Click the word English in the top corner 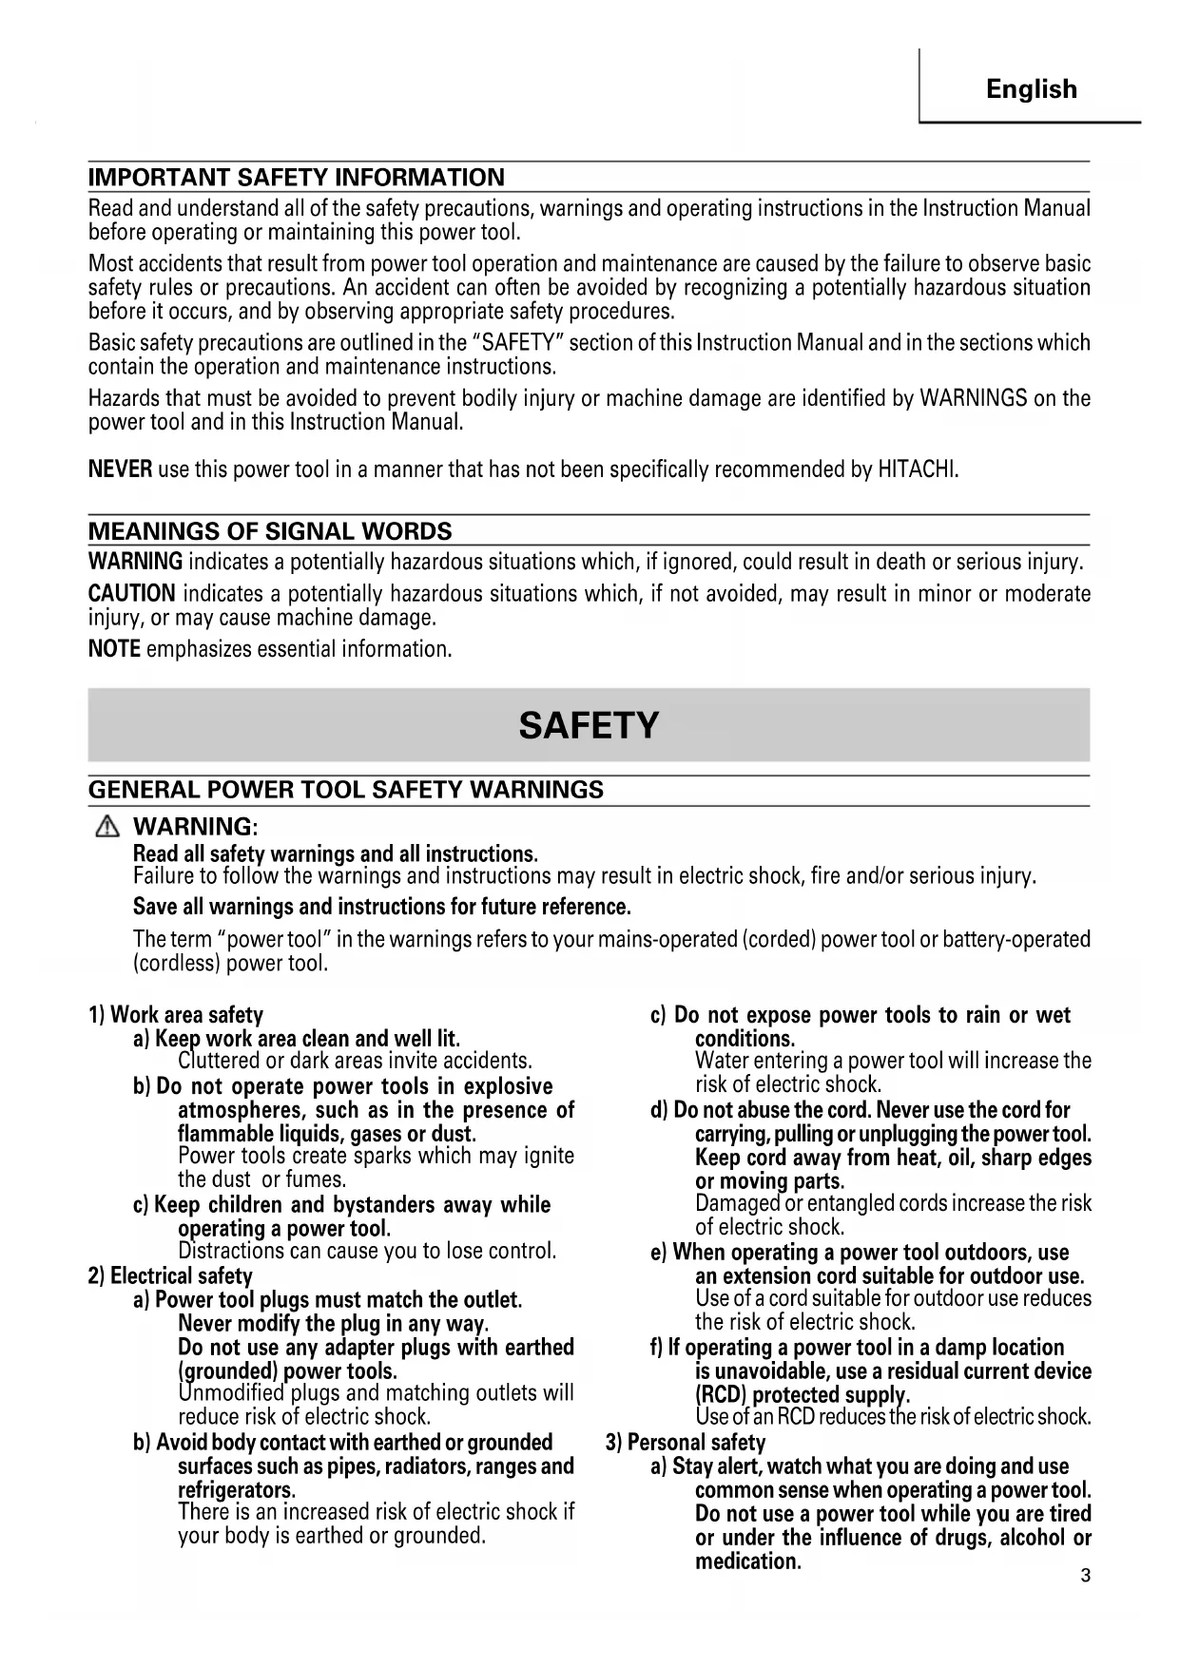[x=1032, y=89]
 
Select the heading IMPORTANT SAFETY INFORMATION [x=296, y=178]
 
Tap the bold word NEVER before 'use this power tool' [x=120, y=469]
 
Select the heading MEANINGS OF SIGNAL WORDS [x=269, y=531]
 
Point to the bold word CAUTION [x=131, y=594]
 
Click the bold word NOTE [x=114, y=650]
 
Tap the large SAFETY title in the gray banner [x=589, y=725]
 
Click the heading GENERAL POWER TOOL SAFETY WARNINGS [x=345, y=790]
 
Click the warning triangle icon [x=106, y=828]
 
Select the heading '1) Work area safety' [x=175, y=1015]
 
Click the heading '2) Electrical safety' [x=170, y=1275]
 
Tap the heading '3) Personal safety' [x=685, y=1443]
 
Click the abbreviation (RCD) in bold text [x=721, y=1395]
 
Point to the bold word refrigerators [x=236, y=1489]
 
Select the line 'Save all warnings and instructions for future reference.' [x=381, y=906]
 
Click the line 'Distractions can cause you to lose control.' [x=366, y=1251]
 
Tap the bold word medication [x=747, y=1562]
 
